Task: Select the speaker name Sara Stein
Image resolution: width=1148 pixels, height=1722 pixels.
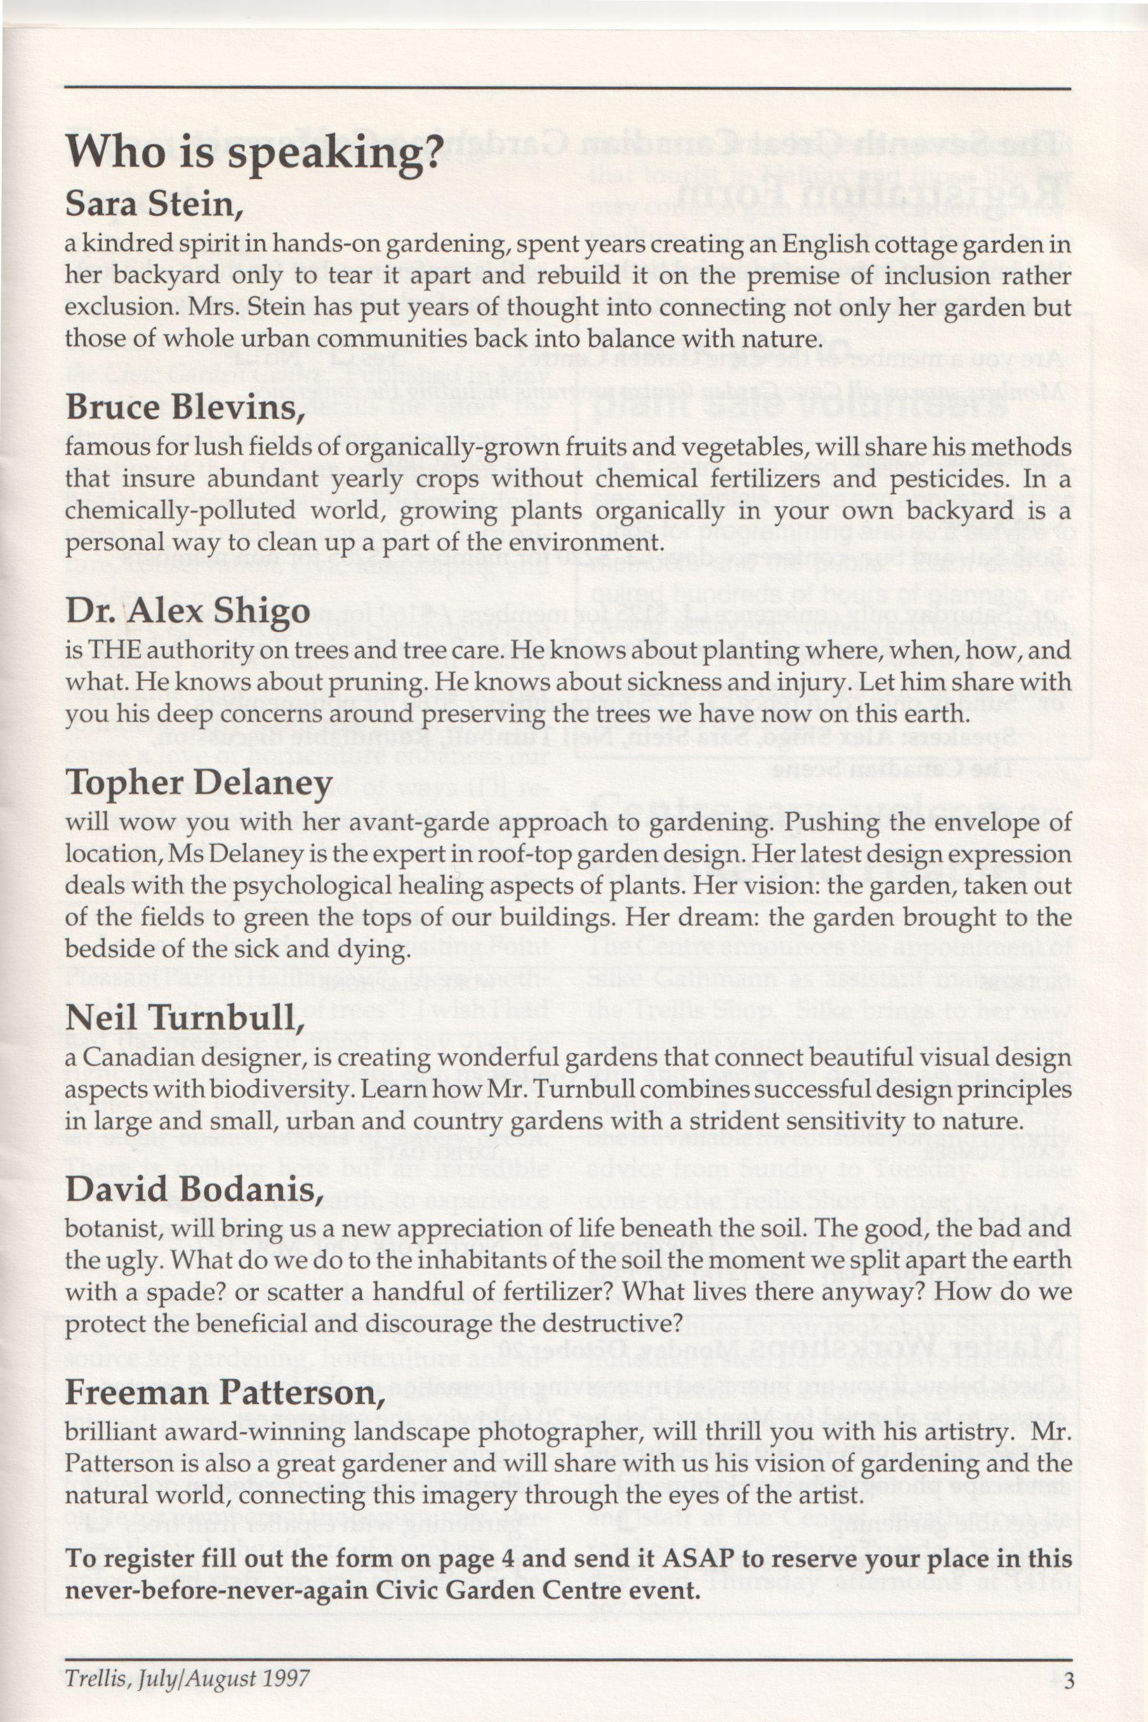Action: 153,204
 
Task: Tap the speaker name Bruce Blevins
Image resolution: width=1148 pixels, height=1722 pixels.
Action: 185,407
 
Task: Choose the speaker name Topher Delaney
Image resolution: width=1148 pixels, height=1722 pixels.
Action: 199,784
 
